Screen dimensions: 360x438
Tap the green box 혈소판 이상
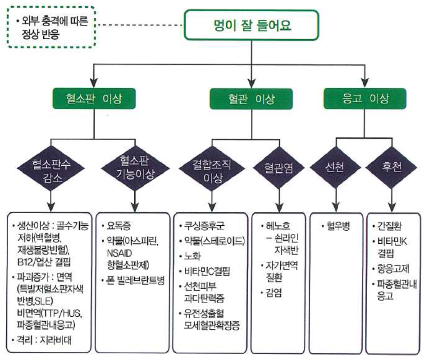coord(94,99)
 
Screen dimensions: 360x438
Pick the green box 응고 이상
coord(364,99)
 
